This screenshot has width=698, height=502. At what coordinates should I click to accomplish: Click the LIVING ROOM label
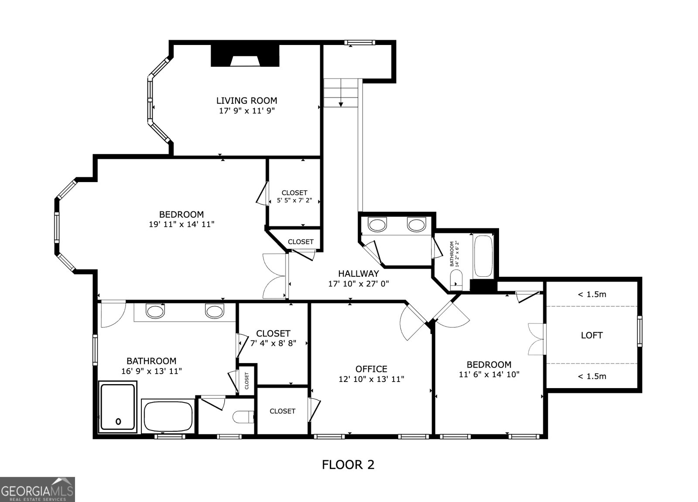coord(246,101)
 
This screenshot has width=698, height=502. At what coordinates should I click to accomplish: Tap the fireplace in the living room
coord(245,55)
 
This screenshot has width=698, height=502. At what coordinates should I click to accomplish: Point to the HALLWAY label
coord(359,273)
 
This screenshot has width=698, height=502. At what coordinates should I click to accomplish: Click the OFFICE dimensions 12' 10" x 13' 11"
coord(371,379)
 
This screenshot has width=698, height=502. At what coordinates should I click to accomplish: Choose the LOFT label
coord(592,335)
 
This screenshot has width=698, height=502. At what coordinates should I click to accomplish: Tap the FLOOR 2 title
coord(348,464)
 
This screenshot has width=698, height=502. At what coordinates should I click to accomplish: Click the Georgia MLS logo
coord(38,489)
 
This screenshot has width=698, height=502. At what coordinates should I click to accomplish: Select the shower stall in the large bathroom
coord(118,407)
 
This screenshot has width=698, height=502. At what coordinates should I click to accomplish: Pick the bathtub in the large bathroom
coord(168,416)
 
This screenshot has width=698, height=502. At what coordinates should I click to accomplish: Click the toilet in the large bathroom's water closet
coord(243,417)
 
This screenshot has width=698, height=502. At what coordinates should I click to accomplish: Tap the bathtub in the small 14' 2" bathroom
coord(483,256)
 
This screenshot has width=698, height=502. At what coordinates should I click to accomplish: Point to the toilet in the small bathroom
coord(456,280)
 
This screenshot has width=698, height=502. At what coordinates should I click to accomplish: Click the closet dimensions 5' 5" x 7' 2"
coord(294,200)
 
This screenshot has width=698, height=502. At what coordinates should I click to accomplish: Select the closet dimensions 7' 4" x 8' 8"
coord(273,343)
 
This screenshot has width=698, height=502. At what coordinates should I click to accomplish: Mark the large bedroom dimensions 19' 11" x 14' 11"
coord(181,224)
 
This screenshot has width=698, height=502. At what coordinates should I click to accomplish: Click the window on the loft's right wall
coord(640,331)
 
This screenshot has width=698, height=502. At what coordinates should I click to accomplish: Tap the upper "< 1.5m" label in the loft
coord(592,294)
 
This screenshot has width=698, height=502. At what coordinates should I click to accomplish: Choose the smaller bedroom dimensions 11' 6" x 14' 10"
coord(489,374)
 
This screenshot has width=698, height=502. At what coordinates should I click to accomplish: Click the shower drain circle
coord(118,422)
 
